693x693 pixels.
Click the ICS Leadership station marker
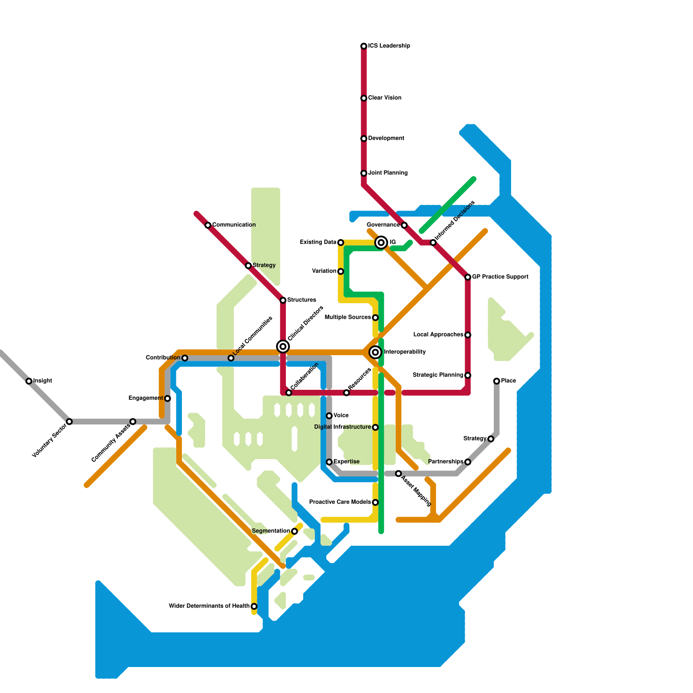coord(364,46)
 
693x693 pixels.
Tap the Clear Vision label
coord(385,98)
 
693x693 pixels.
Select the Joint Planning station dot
coord(364,173)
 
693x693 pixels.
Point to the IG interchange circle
coord(381,243)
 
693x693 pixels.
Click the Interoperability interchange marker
coord(376,352)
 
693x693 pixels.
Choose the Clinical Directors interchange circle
coord(283,346)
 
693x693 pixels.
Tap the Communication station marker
coord(208,225)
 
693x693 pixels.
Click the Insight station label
coord(42,381)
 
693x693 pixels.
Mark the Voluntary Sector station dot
coord(69,421)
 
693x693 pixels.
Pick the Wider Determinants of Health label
coord(209,606)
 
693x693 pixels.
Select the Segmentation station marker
coord(295,531)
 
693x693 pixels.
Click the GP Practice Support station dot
coord(468,277)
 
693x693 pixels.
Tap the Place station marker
coord(497,381)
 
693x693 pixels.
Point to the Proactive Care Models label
coord(340,502)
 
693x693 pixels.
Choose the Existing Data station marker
coord(341,243)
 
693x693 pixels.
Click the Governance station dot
coord(404,225)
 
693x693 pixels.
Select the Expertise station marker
coord(329,462)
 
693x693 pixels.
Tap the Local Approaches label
coord(438,335)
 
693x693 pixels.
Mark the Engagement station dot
coord(168,398)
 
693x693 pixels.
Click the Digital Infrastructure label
coord(343,427)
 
